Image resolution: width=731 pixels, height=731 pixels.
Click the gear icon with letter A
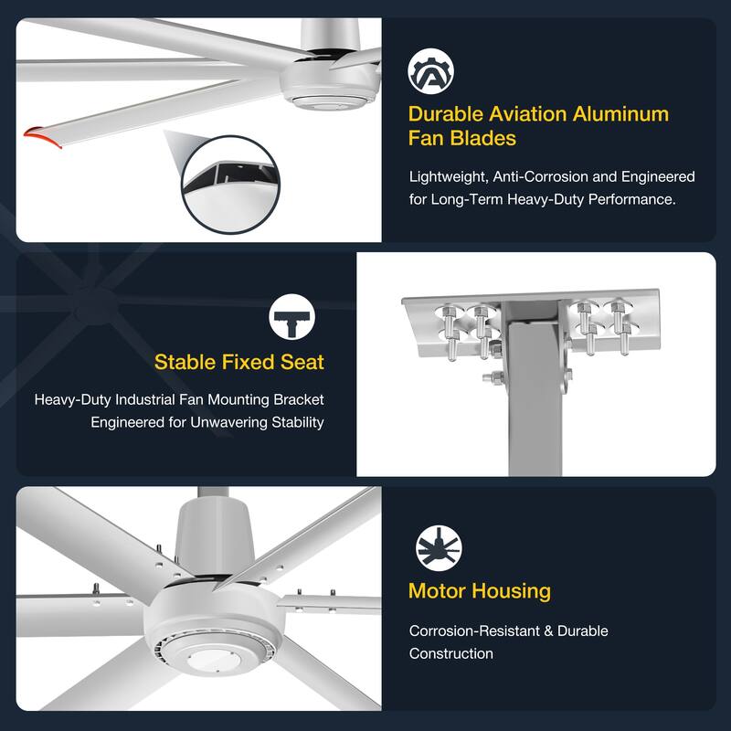431,72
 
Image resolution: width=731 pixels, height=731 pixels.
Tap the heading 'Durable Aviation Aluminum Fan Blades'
538,126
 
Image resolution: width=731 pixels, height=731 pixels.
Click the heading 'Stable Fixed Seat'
238,362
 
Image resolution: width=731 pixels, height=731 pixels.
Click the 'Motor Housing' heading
479,590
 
